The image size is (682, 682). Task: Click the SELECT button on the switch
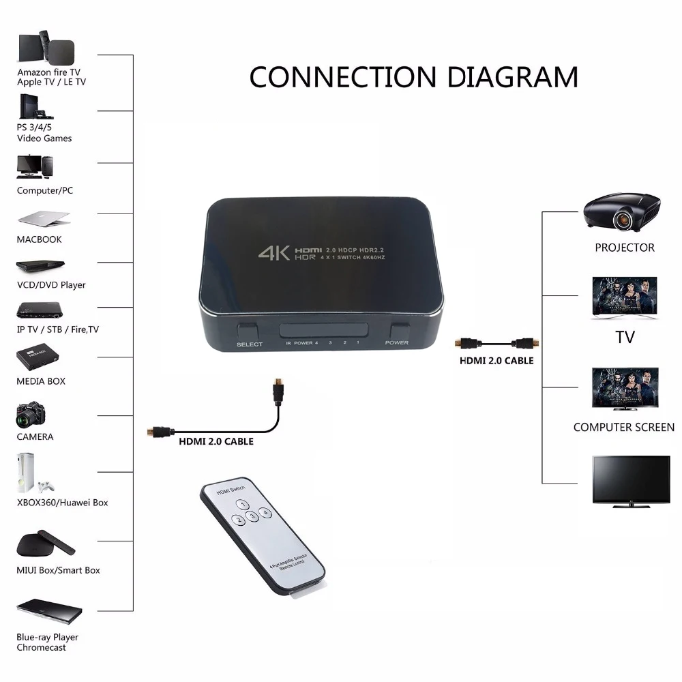249,329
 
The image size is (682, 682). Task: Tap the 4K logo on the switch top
274,253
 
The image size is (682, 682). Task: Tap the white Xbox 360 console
27,472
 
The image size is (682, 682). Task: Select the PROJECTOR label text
624,248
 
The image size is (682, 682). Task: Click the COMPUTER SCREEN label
623,428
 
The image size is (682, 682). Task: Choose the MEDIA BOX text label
41,381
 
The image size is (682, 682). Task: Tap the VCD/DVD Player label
51,285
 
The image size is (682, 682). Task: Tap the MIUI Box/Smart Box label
58,570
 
